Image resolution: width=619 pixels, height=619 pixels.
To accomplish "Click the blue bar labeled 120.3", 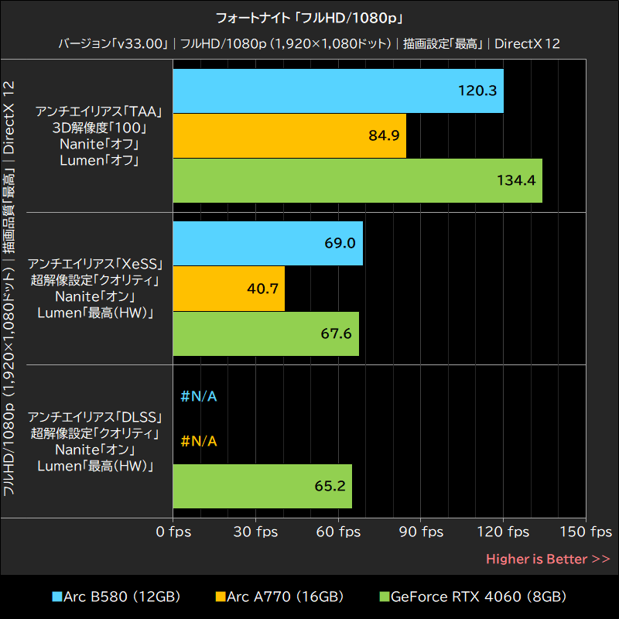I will pyautogui.click(x=338, y=91).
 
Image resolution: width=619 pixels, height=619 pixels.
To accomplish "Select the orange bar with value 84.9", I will pyautogui.click(x=289, y=136).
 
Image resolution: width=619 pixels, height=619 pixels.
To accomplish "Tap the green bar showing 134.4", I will pyautogui.click(x=357, y=180).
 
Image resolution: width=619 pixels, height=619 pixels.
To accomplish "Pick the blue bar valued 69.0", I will pyautogui.click(x=268, y=243).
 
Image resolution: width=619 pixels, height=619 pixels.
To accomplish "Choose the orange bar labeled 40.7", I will pyautogui.click(x=229, y=289).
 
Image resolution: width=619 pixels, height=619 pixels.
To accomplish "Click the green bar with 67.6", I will pyautogui.click(x=266, y=333).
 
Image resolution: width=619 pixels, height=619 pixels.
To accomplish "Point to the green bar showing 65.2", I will pyautogui.click(x=262, y=486).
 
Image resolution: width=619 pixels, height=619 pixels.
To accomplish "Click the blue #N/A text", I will pyautogui.click(x=199, y=397).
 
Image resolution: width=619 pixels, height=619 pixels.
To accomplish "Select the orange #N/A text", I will pyautogui.click(x=199, y=441).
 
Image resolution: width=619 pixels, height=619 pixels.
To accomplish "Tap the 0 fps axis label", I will pyautogui.click(x=173, y=532).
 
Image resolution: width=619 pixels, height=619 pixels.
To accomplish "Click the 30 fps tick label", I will pyautogui.click(x=255, y=532).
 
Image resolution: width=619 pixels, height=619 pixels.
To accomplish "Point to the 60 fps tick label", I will pyautogui.click(x=338, y=532).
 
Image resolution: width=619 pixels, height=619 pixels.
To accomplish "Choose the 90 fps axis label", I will pyautogui.click(x=421, y=532).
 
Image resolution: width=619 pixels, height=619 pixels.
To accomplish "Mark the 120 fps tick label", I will pyautogui.click(x=503, y=532).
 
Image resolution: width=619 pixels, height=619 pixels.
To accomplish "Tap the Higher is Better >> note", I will pyautogui.click(x=548, y=559).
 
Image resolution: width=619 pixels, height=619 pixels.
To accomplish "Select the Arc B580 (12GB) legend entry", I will pyautogui.click(x=116, y=597).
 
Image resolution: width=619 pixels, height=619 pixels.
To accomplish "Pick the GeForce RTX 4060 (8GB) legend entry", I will pyautogui.click(x=472, y=597).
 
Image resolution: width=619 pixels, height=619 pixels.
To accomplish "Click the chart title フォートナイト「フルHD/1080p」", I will pyautogui.click(x=309, y=16).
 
